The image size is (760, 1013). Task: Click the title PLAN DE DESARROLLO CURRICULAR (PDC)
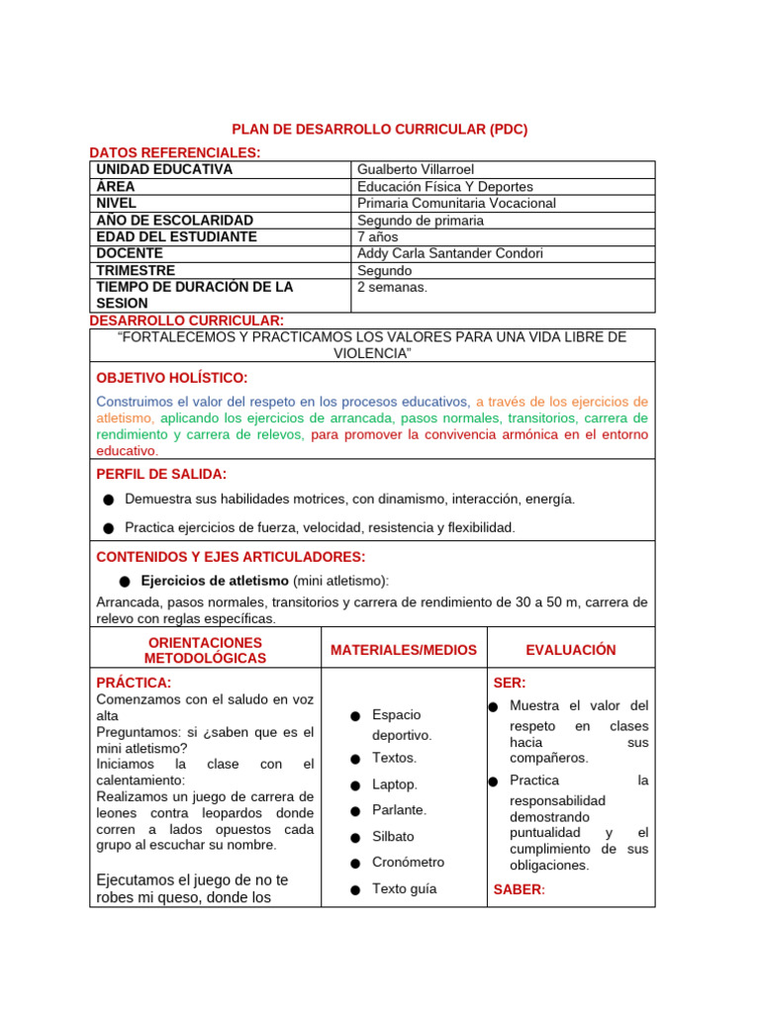(379, 130)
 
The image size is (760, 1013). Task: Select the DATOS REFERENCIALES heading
(175, 152)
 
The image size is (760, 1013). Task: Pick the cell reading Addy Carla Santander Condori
(449, 253)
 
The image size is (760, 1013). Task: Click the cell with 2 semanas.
(392, 287)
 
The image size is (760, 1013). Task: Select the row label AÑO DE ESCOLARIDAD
(174, 220)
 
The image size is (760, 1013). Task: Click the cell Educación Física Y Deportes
(444, 186)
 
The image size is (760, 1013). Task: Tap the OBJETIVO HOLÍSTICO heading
(172, 378)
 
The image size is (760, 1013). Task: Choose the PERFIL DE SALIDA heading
(161, 474)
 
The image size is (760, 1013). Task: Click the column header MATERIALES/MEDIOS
(404, 650)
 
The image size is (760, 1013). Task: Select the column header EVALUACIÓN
(571, 650)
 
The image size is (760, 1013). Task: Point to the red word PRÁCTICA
(134, 683)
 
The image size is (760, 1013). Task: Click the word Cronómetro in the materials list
(408, 862)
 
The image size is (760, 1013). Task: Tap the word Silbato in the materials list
(393, 836)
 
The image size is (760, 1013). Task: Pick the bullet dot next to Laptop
(354, 785)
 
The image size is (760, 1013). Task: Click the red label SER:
(510, 683)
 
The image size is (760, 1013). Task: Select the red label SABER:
(519, 889)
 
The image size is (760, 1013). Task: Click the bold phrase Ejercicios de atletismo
(215, 580)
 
